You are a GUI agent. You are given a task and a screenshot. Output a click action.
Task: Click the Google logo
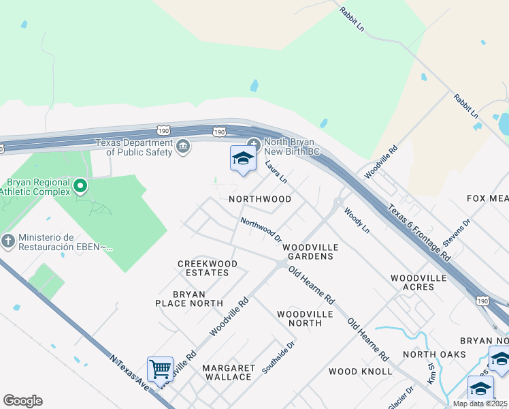coord(22,401)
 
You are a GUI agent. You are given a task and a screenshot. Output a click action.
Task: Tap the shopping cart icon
coord(160,369)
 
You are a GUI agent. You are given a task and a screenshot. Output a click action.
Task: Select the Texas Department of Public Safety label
coord(134,147)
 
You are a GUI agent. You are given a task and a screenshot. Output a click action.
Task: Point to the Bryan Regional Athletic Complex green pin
coord(80,185)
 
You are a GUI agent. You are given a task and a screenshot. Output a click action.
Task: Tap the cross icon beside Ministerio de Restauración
coord(7,240)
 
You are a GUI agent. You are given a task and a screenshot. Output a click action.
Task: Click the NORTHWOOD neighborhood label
coord(260,199)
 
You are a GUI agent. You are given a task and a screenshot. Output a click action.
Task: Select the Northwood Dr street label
coord(261,228)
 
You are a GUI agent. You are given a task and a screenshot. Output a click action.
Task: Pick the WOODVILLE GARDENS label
coord(308,252)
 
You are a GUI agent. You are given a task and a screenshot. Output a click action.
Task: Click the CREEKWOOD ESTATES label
coord(208,268)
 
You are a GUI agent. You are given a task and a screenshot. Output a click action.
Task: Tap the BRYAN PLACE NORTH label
coord(188,299)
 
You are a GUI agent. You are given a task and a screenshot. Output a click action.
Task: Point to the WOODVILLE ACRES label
coord(418,282)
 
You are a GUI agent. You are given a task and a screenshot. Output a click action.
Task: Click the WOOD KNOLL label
coord(360,372)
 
